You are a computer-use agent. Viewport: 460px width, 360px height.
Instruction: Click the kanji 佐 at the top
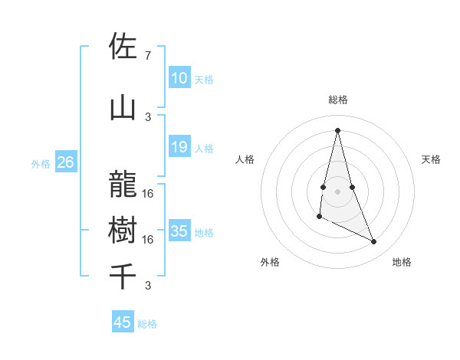[x=123, y=47]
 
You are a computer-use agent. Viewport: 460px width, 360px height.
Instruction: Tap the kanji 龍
[x=123, y=184]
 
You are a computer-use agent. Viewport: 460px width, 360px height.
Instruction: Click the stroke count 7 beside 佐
[x=147, y=56]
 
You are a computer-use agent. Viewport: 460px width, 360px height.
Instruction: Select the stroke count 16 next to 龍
[x=148, y=193]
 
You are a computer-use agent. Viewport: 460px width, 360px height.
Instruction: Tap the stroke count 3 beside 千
[x=147, y=286]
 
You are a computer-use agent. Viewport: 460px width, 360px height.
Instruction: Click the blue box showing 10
[x=179, y=78]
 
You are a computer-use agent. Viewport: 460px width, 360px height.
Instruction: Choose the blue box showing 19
[x=179, y=147]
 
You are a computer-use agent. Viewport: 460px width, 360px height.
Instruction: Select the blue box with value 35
[x=179, y=231]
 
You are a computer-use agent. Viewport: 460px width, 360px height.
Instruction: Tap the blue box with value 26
[x=65, y=162]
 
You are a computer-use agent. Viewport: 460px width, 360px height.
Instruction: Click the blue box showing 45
[x=123, y=322]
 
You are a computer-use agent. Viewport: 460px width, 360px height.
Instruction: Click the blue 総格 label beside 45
[x=147, y=324]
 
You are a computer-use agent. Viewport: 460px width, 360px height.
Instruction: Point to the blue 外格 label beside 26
[x=41, y=163]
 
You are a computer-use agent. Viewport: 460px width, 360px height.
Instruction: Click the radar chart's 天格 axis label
[x=431, y=159]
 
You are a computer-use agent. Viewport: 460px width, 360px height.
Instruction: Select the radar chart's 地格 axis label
[x=402, y=262]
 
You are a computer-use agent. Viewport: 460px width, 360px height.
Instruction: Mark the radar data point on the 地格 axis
[x=374, y=242]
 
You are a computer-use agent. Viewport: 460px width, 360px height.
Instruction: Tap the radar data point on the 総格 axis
[x=337, y=130]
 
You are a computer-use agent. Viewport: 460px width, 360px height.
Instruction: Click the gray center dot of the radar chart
[x=337, y=191]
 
